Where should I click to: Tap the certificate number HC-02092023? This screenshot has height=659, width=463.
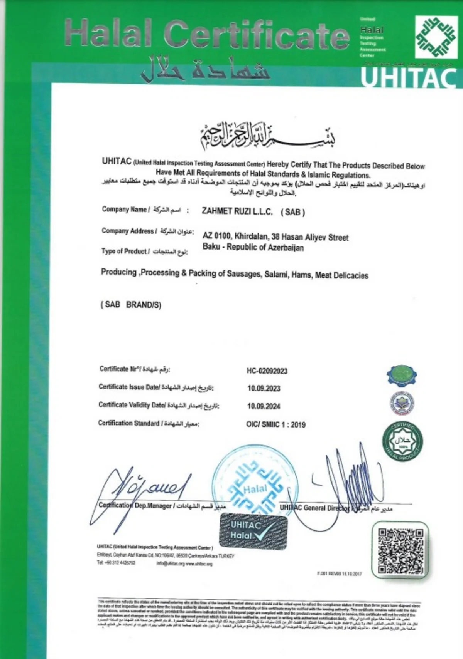pyautogui.click(x=267, y=371)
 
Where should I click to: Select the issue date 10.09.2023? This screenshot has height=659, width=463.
pyautogui.click(x=264, y=388)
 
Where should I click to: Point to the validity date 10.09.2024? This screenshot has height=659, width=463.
pyautogui.click(x=264, y=406)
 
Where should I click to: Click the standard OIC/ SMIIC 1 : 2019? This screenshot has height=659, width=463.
pyautogui.click(x=276, y=424)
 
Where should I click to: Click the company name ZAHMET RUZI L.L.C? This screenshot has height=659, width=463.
pyautogui.click(x=237, y=211)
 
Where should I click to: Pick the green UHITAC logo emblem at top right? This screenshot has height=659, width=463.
pyautogui.click(x=436, y=37)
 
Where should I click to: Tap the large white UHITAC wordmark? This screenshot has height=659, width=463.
pyautogui.click(x=409, y=79)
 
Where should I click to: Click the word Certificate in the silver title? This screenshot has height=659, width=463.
pyautogui.click(x=258, y=35)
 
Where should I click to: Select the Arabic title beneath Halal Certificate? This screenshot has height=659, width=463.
pyautogui.click(x=205, y=69)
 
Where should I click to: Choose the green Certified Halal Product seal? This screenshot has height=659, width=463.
pyautogui.click(x=402, y=441)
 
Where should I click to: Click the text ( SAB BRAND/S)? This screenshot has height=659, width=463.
pyautogui.click(x=131, y=305)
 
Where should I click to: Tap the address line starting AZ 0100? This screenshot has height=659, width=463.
pyautogui.click(x=275, y=236)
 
